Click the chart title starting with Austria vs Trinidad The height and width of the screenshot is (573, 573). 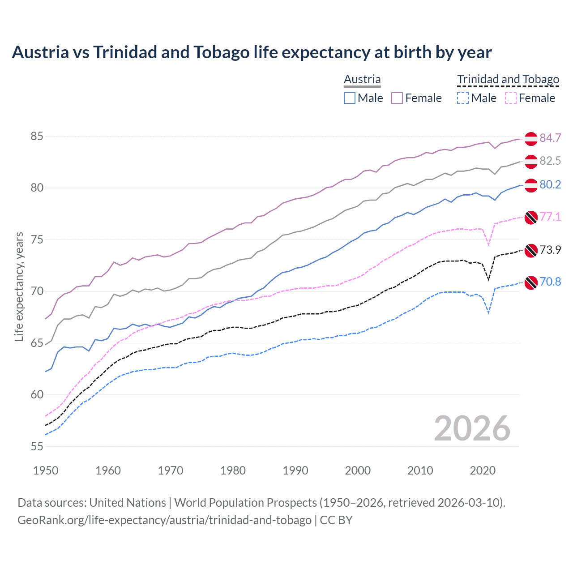[252, 52]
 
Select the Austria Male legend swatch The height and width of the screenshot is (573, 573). [350, 98]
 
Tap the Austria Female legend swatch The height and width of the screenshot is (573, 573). [397, 98]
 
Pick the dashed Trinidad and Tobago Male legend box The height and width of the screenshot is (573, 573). [463, 98]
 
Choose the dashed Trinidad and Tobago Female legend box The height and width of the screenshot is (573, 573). [511, 98]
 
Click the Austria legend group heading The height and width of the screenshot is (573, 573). [362, 79]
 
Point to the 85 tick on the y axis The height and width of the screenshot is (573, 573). [37, 136]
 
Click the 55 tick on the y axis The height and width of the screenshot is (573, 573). [37, 446]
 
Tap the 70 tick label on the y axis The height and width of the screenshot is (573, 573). [37, 291]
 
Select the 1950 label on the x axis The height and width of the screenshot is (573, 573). [46, 470]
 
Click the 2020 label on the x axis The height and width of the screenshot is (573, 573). [483, 470]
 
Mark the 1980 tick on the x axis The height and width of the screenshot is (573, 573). [233, 470]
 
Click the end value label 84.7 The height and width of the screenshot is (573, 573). [550, 138]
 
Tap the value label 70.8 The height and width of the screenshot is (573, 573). [550, 282]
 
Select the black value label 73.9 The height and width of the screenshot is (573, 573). [550, 250]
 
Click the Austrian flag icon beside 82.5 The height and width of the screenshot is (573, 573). [531, 162]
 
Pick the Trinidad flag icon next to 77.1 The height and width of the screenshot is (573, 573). [531, 217]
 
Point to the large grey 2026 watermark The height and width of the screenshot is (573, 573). [472, 428]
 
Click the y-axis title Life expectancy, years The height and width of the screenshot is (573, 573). [19, 286]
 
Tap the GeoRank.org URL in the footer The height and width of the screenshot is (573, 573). [164, 520]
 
